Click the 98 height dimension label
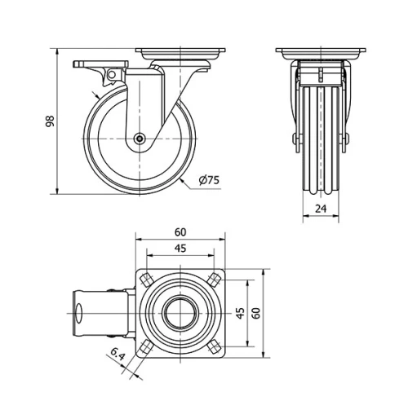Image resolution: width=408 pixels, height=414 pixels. pos(48,121)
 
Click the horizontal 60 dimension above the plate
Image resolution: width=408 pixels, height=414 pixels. pos(180,231)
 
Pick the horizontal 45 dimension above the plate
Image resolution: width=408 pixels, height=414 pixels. pos(180,249)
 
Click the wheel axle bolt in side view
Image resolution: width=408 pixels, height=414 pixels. pos(140,139)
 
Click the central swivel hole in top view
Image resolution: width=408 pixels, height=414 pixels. pos(180,313)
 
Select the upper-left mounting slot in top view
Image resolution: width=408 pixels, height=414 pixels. pos(145,280)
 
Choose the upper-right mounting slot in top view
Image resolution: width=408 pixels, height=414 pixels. pos(214,279)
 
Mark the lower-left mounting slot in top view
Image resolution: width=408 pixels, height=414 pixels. pos(145,347)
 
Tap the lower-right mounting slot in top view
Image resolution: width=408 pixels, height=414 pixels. pos(214,347)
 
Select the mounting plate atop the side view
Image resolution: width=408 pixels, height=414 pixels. pos(180,55)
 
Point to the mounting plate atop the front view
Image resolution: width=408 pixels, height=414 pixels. pos(322,55)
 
